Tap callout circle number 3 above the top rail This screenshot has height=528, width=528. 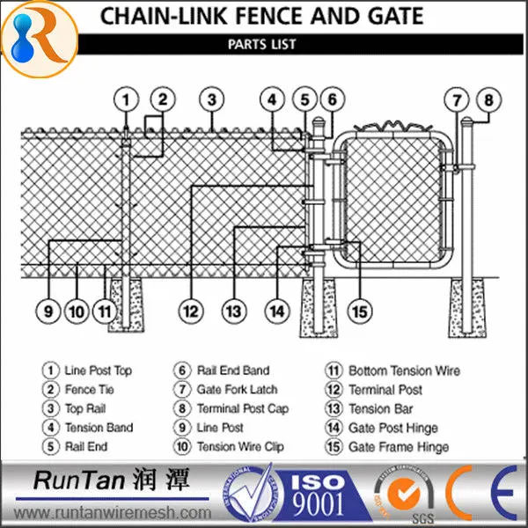211,99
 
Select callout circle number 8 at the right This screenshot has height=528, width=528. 489,99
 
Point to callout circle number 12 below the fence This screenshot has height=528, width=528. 191,310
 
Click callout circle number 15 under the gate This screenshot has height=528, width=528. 359,310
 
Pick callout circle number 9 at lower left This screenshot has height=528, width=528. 49,310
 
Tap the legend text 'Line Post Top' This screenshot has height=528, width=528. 99,371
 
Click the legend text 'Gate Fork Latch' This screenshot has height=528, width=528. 237,390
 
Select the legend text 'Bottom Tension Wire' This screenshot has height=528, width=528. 404,371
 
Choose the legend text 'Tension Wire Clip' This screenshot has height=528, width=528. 240,447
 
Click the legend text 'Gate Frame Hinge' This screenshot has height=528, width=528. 399,447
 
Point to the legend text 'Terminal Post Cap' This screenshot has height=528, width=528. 243,409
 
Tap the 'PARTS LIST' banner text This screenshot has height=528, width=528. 261,44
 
